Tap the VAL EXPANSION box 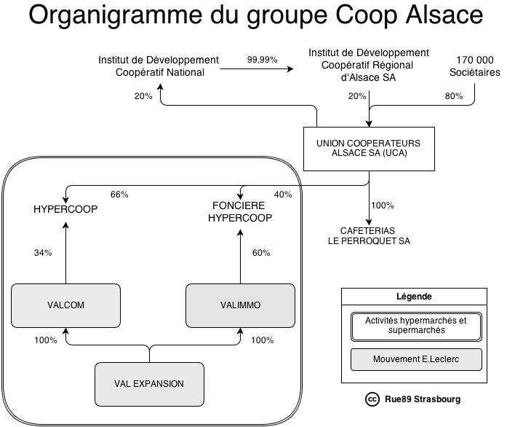click(149, 384)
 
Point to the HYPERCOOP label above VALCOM click(65, 209)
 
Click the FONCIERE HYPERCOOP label click(240, 211)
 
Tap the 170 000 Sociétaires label click(475, 66)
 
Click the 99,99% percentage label click(262, 59)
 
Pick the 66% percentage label click(119, 195)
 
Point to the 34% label click(43, 253)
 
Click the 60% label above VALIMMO click(261, 253)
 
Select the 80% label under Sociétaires click(453, 96)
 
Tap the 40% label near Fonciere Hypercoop click(283, 195)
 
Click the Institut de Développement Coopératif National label click(159, 66)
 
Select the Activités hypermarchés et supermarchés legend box click(415, 326)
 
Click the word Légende click(414, 297)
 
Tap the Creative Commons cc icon click(372, 399)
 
